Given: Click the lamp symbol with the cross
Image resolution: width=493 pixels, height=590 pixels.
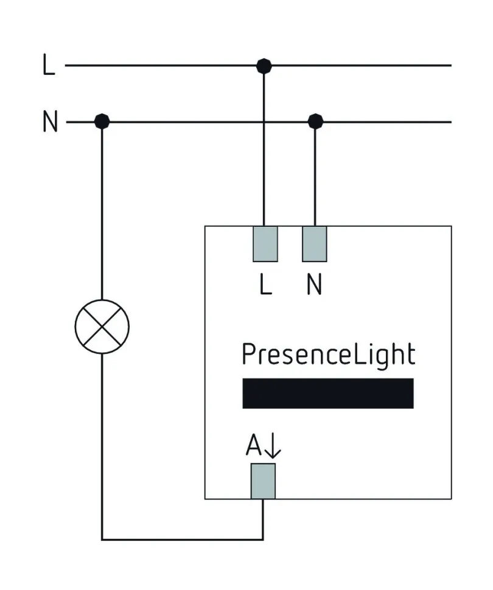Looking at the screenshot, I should click(102, 327).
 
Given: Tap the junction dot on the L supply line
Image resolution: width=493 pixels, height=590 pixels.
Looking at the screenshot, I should click(264, 65).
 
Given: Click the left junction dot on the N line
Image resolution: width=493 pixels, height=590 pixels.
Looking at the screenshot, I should click(102, 122).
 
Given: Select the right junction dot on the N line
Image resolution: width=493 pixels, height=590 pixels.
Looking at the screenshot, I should click(315, 122).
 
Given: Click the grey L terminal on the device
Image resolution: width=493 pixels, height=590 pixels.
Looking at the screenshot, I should click(265, 244).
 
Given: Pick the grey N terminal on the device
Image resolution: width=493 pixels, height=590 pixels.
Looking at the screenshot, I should click(315, 244).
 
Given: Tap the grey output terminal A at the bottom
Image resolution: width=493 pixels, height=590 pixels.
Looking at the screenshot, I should click(263, 481).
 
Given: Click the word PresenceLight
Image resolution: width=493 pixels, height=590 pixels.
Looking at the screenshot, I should click(328, 355).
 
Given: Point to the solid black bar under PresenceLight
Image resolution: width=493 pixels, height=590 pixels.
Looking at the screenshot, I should click(328, 394).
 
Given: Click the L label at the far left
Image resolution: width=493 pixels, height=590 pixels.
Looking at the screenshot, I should click(49, 65).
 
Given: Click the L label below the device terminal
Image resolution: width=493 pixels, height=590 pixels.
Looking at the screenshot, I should click(265, 285).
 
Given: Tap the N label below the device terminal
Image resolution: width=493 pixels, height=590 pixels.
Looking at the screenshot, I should click(314, 285).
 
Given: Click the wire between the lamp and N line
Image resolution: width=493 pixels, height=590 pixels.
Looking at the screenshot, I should click(102, 213).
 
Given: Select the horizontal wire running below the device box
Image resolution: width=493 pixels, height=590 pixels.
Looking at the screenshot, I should click(183, 539).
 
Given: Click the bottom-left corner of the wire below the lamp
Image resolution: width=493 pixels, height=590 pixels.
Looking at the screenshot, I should click(102, 539).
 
